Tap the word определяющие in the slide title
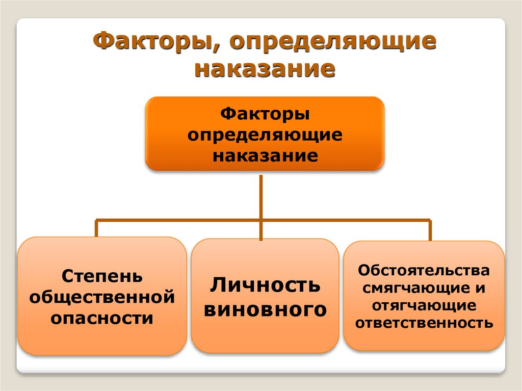331,42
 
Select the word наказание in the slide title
265,68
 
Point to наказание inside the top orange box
265,154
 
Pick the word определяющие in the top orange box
265,135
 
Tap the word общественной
102,297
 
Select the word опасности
102,318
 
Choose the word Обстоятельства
424,269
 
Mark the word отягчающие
424,305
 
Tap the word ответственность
424,323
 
